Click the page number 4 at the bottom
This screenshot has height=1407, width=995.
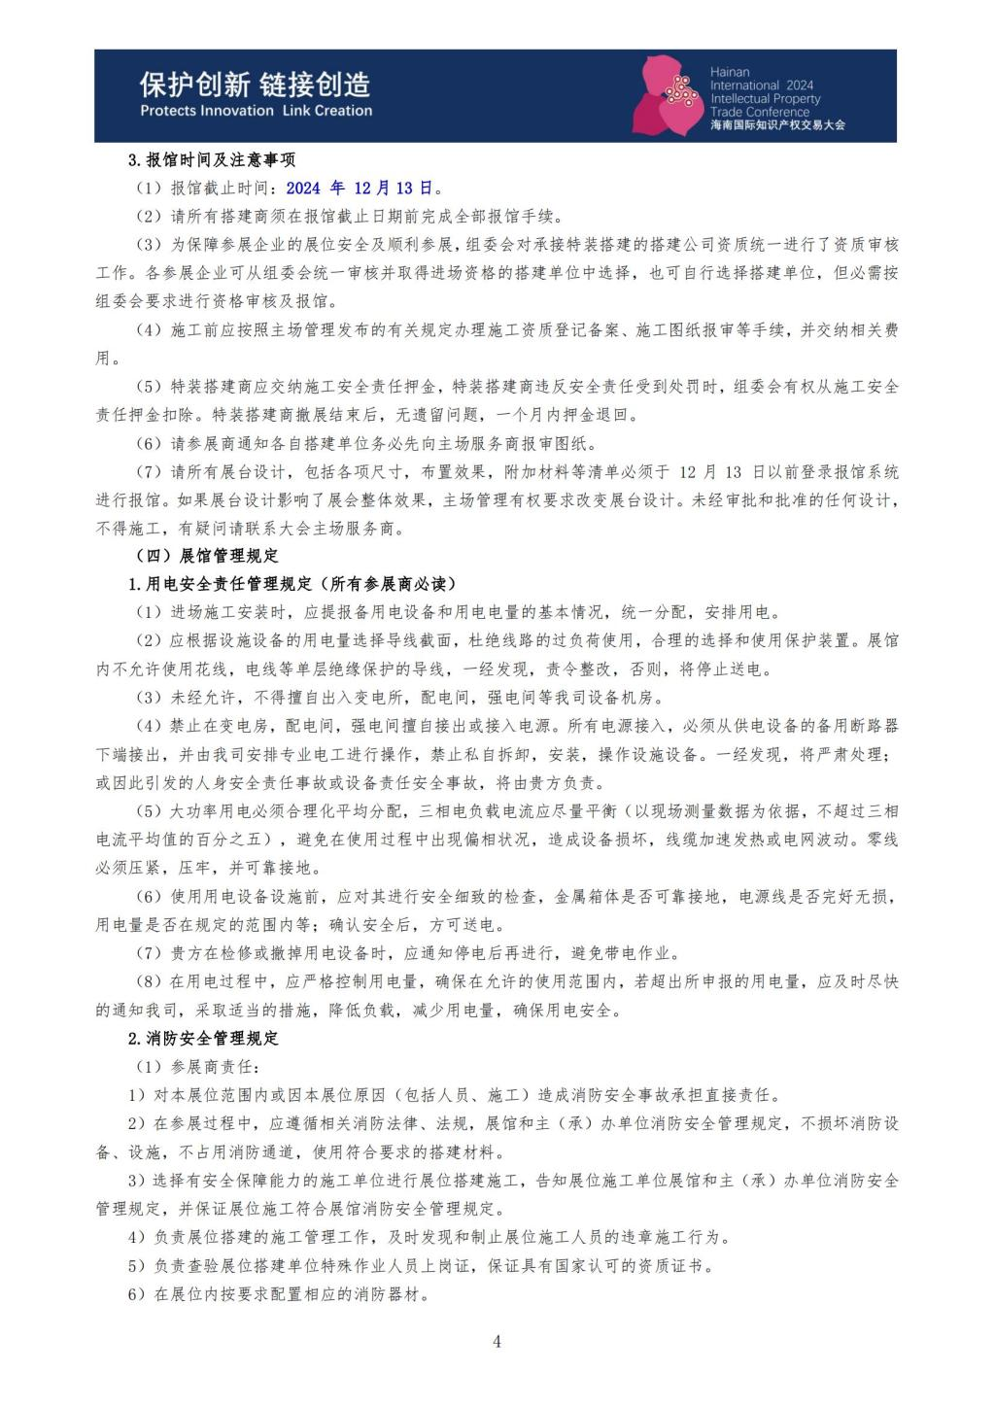coord(497,1342)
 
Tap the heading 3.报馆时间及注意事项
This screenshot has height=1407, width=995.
coord(212,160)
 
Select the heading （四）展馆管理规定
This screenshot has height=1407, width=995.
coord(207,556)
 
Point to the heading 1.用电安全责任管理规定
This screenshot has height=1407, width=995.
coord(292,584)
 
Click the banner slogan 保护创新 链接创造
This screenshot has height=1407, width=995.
coord(255,86)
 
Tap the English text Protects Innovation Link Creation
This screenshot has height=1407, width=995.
coord(256,111)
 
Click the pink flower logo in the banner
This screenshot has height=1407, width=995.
coord(668,95)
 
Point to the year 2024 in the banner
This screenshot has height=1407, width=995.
coord(800,86)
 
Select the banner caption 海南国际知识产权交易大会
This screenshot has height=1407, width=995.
coord(777,125)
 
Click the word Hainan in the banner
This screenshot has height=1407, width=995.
coord(730,73)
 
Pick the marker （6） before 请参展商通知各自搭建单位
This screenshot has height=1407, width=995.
coord(149,444)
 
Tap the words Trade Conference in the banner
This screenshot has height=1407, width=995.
coord(760,112)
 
